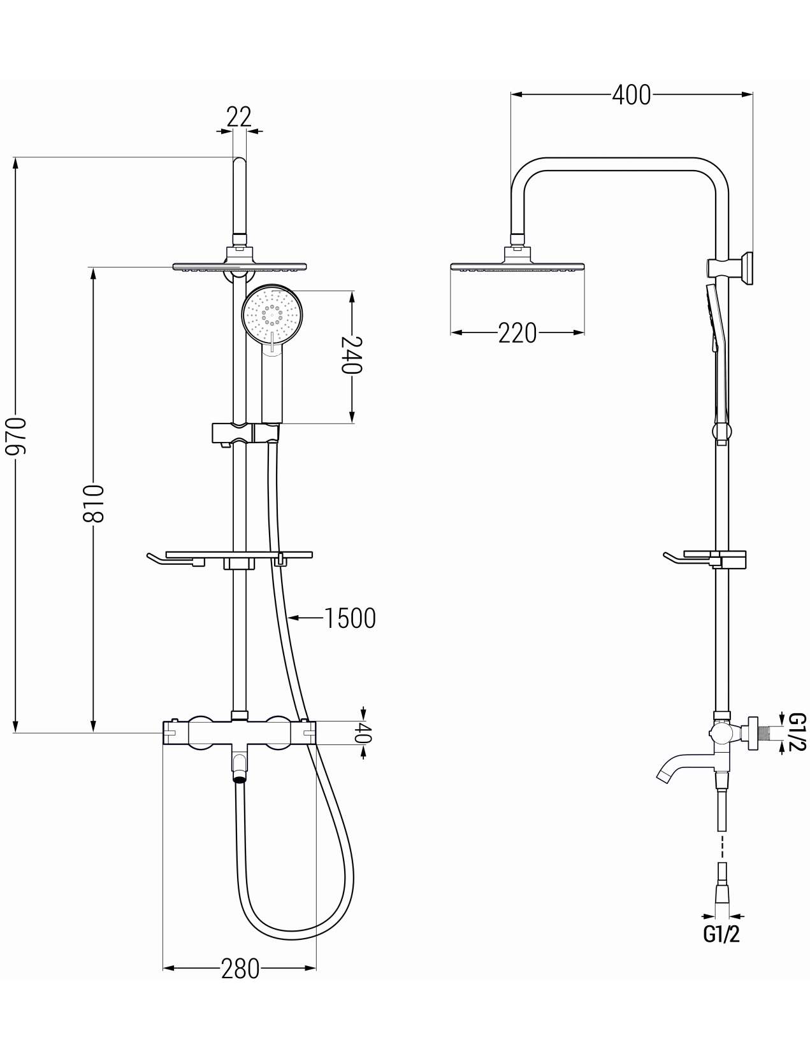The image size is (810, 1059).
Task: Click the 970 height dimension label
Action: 15,436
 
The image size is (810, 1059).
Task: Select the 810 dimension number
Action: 93,504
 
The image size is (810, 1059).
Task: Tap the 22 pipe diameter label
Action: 239,117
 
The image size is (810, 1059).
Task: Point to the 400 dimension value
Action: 631,95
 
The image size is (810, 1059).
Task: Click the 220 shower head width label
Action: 517,333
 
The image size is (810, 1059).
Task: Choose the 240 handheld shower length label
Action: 352,355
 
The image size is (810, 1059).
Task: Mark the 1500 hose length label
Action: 350,618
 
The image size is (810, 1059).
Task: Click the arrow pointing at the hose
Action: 305,617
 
